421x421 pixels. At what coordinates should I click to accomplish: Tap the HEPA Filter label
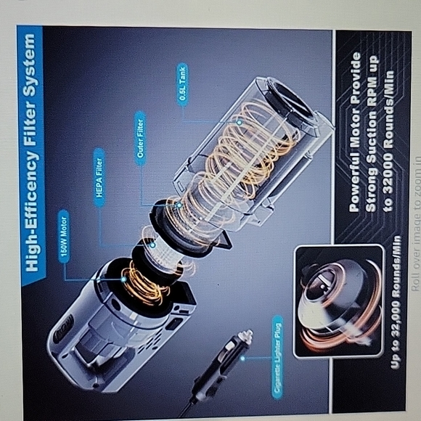pyautogui.click(x=99, y=177)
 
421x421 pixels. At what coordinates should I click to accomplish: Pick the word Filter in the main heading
pyautogui.click(x=31, y=117)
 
